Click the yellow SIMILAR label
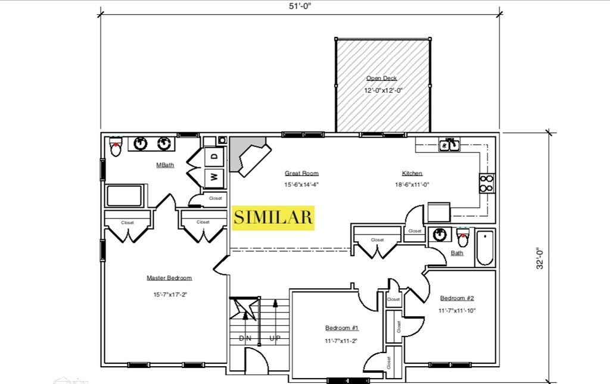(x=273, y=218)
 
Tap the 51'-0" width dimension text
(x=300, y=7)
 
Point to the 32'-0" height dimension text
(x=540, y=258)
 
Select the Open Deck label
(x=382, y=78)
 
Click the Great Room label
(x=301, y=173)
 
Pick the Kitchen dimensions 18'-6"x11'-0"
(x=412, y=185)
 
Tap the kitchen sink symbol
(x=449, y=145)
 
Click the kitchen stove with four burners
(x=487, y=183)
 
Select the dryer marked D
(x=214, y=157)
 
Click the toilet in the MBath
(x=116, y=146)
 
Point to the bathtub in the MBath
(x=125, y=196)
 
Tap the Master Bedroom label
(x=169, y=278)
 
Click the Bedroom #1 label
(x=342, y=328)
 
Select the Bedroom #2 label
(x=457, y=298)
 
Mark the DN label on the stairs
(x=245, y=338)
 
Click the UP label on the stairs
(x=275, y=338)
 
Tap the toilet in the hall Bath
(x=462, y=238)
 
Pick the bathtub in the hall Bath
(x=485, y=248)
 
